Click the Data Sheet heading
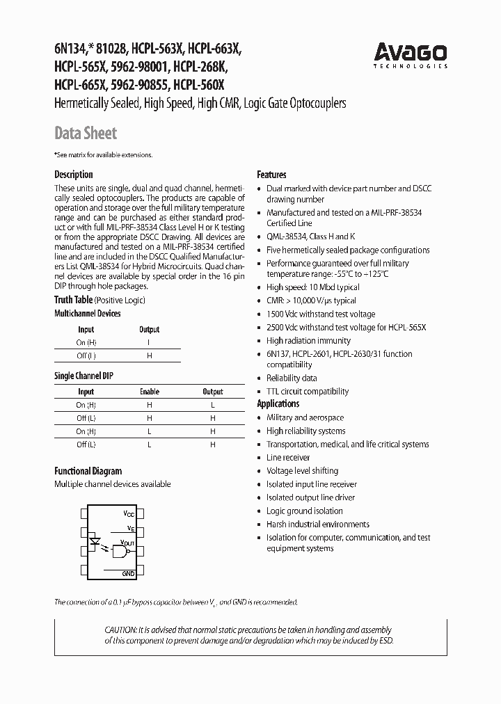(x=86, y=133)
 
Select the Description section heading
(x=73, y=175)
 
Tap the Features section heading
(x=271, y=175)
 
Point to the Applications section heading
(x=278, y=403)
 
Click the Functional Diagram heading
(x=88, y=471)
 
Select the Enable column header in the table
(x=150, y=392)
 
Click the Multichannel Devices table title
(x=88, y=314)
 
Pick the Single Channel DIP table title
(x=84, y=376)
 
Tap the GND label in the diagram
(x=128, y=573)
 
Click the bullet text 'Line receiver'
(x=288, y=458)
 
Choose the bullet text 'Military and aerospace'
(x=305, y=417)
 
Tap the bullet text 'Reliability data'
(x=292, y=378)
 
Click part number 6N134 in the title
(x=70, y=49)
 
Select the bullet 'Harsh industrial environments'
(x=317, y=525)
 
